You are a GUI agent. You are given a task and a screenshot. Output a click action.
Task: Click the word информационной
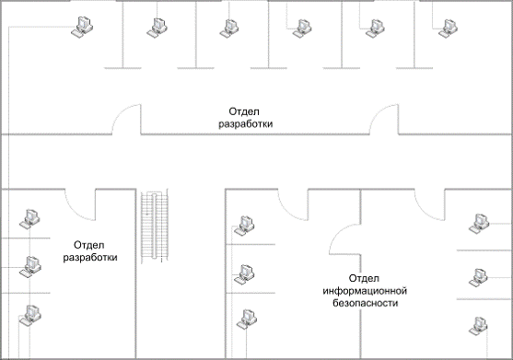(365, 291)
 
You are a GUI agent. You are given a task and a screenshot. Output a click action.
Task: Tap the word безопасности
(365, 303)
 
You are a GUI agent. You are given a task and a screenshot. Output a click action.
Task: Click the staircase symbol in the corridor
(155, 226)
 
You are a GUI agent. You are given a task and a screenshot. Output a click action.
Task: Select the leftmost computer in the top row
(82, 27)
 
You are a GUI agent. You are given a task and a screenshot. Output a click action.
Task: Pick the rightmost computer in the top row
(448, 29)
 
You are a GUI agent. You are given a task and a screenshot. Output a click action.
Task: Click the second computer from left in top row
(157, 28)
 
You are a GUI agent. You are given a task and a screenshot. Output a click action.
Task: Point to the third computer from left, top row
(229, 29)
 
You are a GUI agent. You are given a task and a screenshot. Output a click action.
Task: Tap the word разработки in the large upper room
(245, 124)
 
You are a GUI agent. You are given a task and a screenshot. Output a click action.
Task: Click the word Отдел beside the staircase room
(89, 245)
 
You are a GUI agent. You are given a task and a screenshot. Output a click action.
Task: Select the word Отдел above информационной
(364, 278)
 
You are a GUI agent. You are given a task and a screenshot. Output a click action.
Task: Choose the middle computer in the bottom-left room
(30, 266)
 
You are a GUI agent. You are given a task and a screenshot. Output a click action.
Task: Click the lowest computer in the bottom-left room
(30, 315)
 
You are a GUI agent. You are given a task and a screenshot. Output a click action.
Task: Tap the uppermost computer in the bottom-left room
(29, 219)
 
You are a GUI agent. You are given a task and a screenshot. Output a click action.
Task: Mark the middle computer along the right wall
(478, 278)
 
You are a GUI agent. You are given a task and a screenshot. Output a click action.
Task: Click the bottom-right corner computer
(478, 326)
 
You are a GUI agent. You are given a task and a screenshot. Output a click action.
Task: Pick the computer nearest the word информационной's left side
(244, 274)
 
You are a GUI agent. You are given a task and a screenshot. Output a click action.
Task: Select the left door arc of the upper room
(126, 119)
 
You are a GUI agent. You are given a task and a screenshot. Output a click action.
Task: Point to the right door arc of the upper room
(384, 119)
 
